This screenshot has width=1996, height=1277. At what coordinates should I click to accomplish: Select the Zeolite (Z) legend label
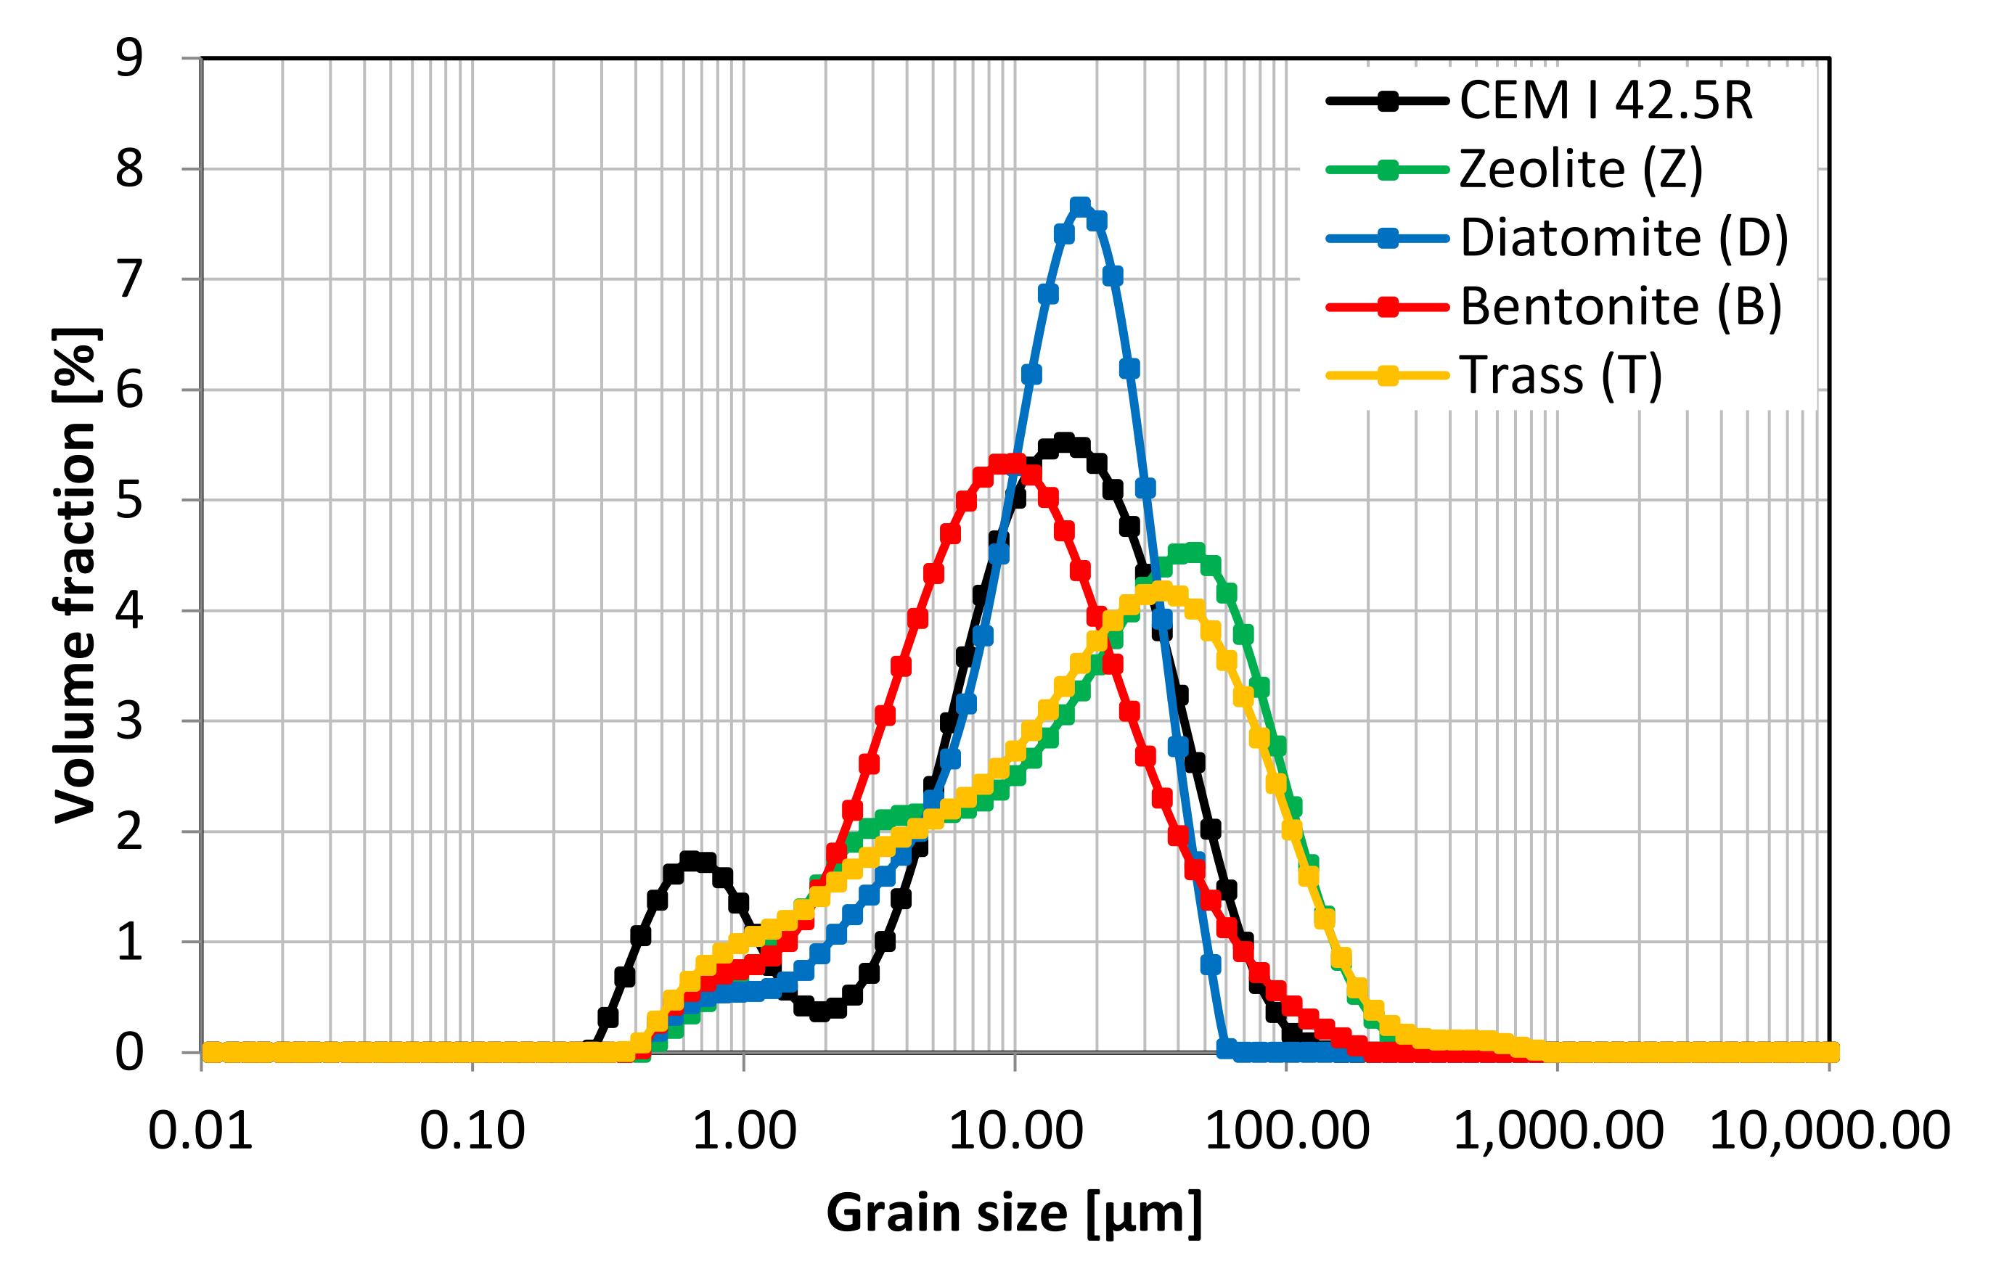tap(1581, 170)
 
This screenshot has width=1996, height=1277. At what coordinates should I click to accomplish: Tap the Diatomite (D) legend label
tap(1624, 239)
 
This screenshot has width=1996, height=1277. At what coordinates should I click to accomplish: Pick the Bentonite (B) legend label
tap(1620, 307)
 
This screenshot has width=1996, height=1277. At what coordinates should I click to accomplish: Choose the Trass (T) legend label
tap(1561, 376)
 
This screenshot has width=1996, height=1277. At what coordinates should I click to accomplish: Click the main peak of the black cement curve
tap(1064, 443)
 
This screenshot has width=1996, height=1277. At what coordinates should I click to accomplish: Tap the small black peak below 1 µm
tap(691, 861)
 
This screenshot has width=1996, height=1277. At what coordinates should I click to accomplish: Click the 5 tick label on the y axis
tap(129, 500)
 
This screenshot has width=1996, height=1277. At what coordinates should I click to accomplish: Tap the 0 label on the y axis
tap(129, 1053)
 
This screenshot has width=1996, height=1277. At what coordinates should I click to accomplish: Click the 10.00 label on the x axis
tap(1015, 1130)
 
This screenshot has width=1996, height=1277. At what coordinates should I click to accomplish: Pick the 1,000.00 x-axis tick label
tap(1558, 1130)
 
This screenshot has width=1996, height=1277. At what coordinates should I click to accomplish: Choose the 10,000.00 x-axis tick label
tap(1829, 1130)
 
